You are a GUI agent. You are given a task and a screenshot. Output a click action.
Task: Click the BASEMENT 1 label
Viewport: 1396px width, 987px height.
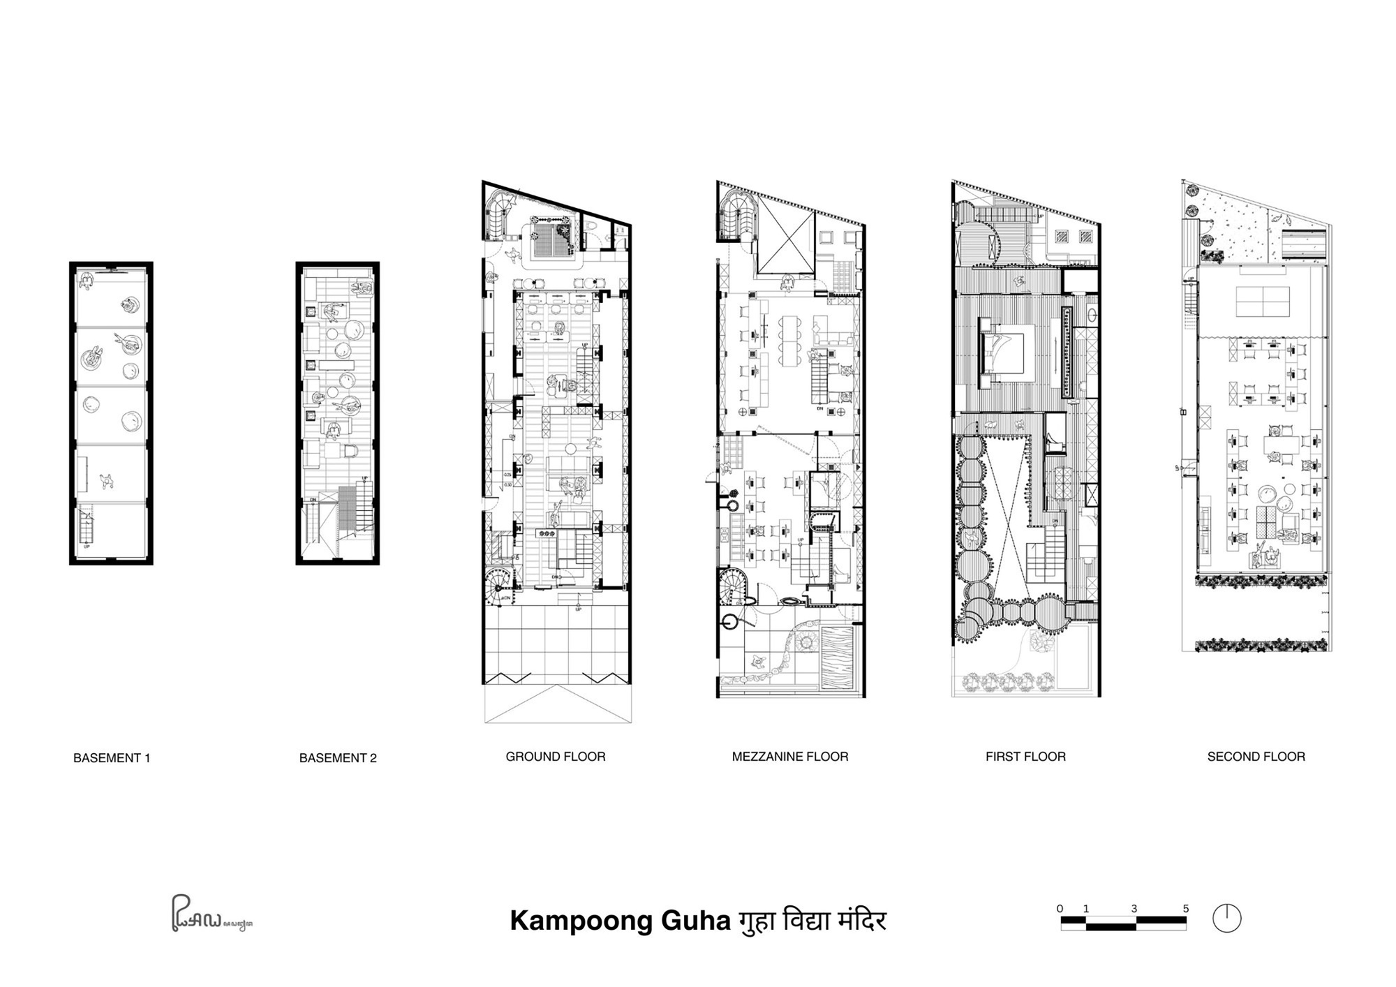click(x=112, y=758)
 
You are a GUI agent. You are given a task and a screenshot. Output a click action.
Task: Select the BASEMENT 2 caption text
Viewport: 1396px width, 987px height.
click(x=338, y=758)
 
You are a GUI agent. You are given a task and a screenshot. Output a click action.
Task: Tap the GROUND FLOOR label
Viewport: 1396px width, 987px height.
click(x=556, y=757)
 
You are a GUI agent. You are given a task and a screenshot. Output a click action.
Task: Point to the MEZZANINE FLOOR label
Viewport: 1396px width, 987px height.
click(x=790, y=757)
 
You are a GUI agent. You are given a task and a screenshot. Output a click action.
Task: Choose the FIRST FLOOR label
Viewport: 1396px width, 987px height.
click(x=1025, y=757)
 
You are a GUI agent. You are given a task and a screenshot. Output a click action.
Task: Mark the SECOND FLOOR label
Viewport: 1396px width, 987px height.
click(x=1256, y=757)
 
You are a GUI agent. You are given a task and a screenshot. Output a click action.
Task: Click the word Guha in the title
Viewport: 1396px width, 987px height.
click(x=695, y=921)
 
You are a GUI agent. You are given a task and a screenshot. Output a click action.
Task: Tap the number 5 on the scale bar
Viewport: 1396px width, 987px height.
click(x=1185, y=909)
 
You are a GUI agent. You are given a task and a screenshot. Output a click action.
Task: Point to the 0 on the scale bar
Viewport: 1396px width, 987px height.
click(x=1060, y=909)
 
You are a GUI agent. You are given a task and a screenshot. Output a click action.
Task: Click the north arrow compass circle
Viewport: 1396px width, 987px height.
click(x=1226, y=919)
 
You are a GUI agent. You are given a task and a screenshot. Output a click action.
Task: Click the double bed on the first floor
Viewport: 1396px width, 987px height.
click(x=1003, y=353)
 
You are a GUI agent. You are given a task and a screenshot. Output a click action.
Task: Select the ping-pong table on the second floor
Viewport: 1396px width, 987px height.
click(x=1263, y=302)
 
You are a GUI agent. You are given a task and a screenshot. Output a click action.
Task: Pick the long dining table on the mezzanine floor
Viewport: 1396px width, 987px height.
click(x=791, y=341)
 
